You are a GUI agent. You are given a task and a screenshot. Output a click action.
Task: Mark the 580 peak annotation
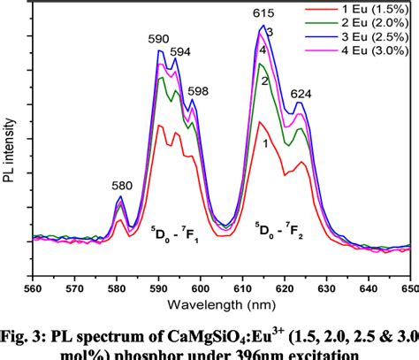click(x=122, y=186)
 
